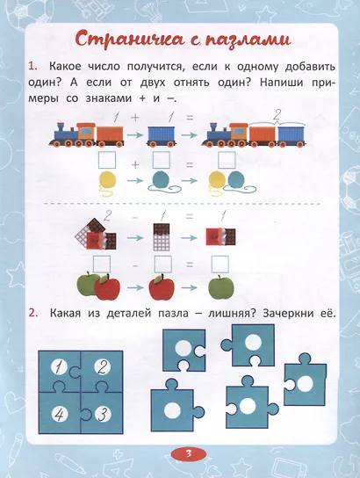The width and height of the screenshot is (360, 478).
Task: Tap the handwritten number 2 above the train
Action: click(x=277, y=115)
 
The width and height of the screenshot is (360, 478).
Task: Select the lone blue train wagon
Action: click(x=162, y=135)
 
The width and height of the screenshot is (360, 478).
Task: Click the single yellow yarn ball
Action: click(x=108, y=182)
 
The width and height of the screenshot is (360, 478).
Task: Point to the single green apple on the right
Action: click(x=220, y=286)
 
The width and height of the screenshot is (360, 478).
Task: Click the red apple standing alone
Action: click(x=162, y=286)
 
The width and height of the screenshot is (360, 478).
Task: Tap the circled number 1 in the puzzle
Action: click(x=60, y=367)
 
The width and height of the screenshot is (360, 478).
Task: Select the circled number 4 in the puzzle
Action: click(x=60, y=414)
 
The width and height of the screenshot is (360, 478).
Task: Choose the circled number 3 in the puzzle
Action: click(x=103, y=414)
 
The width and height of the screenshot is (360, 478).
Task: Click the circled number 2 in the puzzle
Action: click(x=103, y=367)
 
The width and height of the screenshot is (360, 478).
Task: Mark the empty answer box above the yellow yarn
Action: click(x=107, y=160)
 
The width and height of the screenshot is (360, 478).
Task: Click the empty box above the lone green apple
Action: click(x=220, y=264)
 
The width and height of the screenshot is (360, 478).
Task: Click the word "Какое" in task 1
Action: click(x=65, y=67)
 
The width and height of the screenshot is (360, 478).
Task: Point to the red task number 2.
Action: click(x=32, y=314)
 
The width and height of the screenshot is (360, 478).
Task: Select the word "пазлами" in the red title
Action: click(x=249, y=40)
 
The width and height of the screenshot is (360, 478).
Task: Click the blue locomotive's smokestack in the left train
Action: click(x=60, y=126)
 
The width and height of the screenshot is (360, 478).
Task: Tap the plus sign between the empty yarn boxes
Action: click(x=135, y=164)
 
